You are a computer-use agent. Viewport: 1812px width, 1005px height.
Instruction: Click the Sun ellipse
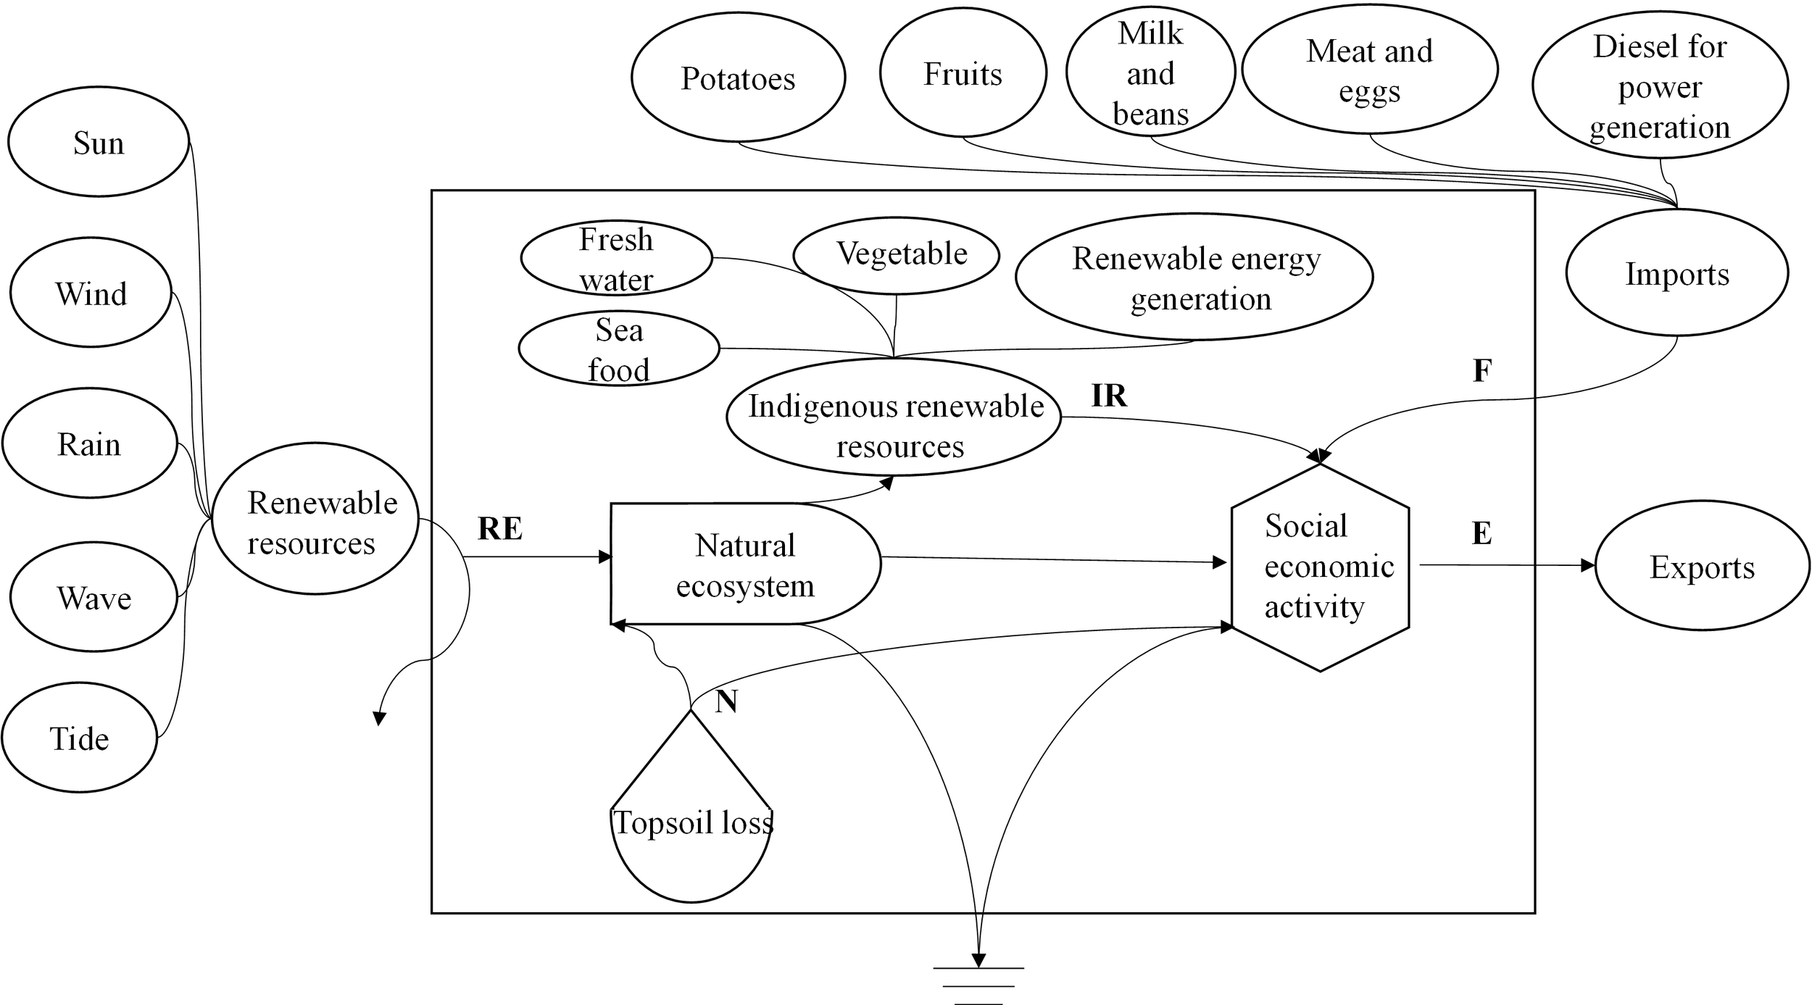(x=99, y=142)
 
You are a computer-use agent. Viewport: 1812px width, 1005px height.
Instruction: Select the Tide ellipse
(x=79, y=738)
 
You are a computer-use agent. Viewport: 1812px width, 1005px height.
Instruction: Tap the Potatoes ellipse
(x=738, y=78)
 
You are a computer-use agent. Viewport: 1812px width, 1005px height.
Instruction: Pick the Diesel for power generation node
(x=1660, y=86)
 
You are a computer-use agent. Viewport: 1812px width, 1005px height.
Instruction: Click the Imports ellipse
(x=1677, y=273)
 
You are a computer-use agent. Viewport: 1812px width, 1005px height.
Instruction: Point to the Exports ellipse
(x=1702, y=567)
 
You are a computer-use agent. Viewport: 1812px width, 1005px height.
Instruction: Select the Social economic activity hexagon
(x=1320, y=567)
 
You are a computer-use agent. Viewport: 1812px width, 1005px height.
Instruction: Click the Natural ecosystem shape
(x=744, y=564)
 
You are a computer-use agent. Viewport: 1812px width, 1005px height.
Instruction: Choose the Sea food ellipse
(x=618, y=349)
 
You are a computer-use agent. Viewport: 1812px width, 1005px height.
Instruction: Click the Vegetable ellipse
(x=896, y=254)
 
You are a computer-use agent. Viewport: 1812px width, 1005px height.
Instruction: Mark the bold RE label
(x=500, y=528)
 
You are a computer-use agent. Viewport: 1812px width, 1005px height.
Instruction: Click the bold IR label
(x=1109, y=396)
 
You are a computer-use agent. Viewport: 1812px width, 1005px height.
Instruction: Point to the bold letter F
(x=1482, y=371)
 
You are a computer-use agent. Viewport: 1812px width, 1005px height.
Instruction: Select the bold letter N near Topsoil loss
(x=726, y=701)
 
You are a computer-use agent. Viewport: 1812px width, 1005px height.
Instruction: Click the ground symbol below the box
(x=978, y=983)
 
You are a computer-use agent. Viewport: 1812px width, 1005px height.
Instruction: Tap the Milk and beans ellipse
(x=1150, y=72)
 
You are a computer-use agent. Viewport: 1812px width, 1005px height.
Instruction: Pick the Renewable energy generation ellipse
(x=1194, y=277)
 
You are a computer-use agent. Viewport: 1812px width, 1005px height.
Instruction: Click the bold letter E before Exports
(x=1481, y=533)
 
